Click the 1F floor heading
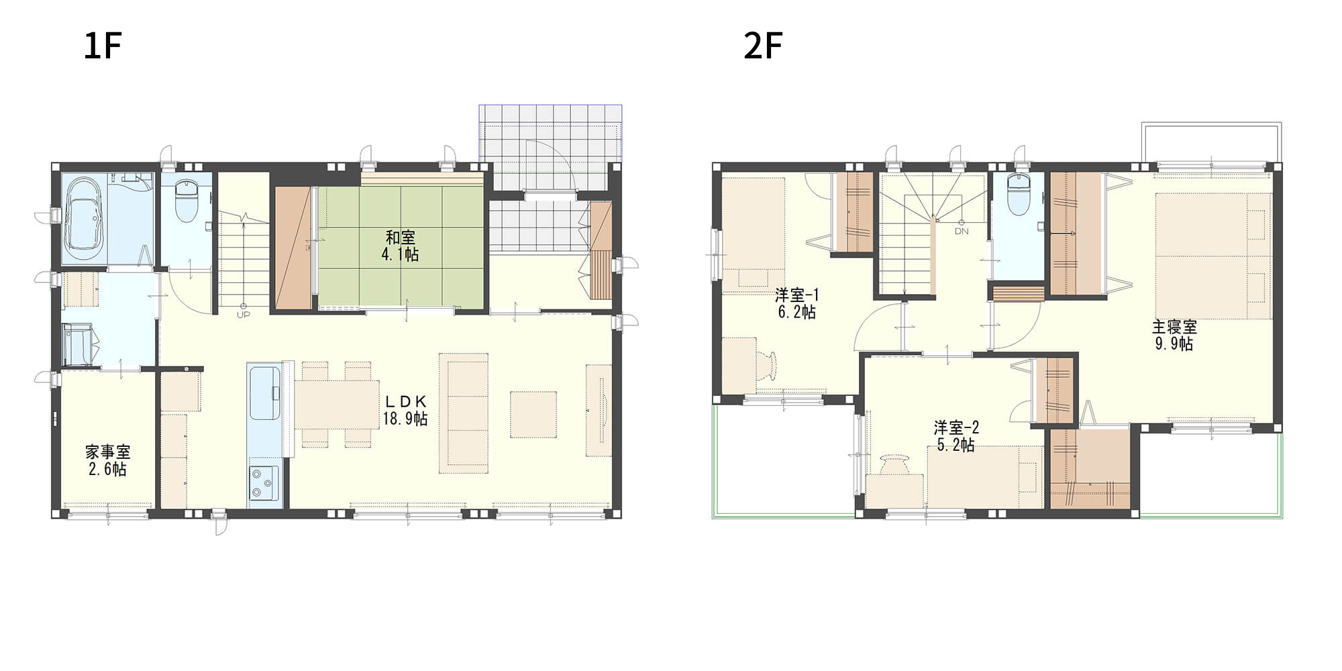coord(103,46)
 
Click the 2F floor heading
coord(763,46)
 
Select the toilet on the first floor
coord(185,200)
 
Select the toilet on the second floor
coord(1018,195)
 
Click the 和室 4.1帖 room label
coord(401,246)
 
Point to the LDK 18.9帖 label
coord(405,410)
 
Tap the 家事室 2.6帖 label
coord(108,460)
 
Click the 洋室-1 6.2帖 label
coord(797,303)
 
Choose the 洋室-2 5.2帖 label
coord(956,436)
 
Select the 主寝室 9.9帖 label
coord(1174,335)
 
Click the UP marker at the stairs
coord(243,315)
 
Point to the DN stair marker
coord(962,231)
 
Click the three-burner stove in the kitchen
coord(264,483)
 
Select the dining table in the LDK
coord(337,405)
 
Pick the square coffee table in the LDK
coord(533,415)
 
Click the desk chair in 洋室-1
coord(769,366)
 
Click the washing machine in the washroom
coord(78,345)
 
